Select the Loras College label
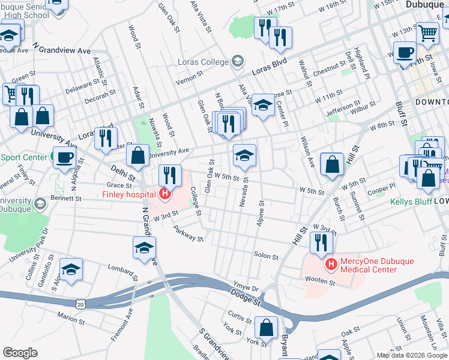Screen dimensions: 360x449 point(203,62)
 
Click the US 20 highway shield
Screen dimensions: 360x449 point(80,305)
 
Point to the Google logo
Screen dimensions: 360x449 point(20,353)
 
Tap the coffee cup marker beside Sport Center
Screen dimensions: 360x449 point(64,158)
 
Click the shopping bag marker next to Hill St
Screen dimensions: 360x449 point(332,164)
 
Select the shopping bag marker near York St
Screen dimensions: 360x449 point(266,328)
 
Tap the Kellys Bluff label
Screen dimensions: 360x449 point(411,202)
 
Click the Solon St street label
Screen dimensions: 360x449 point(266,256)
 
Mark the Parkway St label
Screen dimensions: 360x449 point(188,233)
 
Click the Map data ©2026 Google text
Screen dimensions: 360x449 point(411,355)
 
